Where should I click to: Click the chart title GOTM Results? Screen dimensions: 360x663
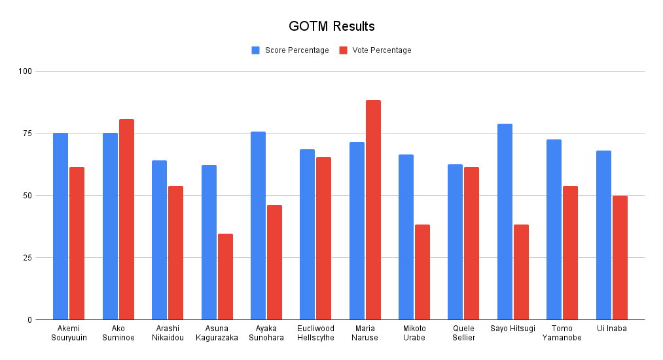pyautogui.click(x=331, y=27)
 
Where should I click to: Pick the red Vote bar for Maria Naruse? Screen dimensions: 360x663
pyautogui.click(x=373, y=209)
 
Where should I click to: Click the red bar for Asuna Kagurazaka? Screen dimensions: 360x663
pyautogui.click(x=225, y=276)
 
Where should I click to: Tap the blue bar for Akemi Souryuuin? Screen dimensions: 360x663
pyautogui.click(x=61, y=226)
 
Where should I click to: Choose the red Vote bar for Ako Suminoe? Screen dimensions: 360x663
pyautogui.click(x=126, y=219)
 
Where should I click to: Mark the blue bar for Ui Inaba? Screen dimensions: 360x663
pyautogui.click(x=603, y=235)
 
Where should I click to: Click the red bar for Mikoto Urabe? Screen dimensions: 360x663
pyautogui.click(x=422, y=272)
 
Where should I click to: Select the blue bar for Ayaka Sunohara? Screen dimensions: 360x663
pyautogui.click(x=258, y=225)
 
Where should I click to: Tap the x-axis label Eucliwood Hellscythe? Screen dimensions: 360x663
pyautogui.click(x=316, y=333)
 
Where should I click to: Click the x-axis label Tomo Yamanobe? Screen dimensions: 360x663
pyautogui.click(x=562, y=333)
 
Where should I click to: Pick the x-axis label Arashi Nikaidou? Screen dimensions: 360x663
pyautogui.click(x=168, y=333)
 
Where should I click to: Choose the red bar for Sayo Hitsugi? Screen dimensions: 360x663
pyautogui.click(x=521, y=272)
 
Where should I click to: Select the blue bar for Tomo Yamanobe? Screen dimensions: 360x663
pyautogui.click(x=554, y=229)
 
